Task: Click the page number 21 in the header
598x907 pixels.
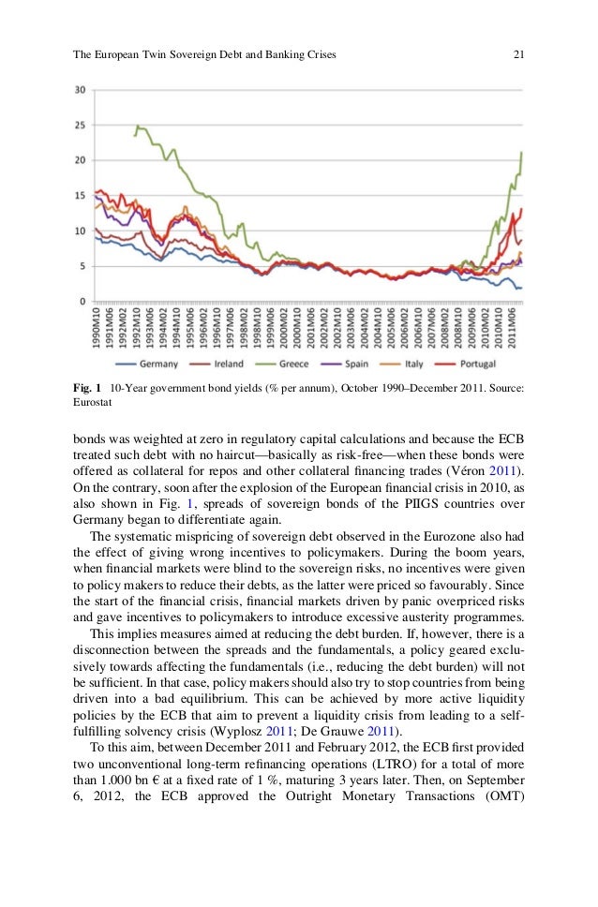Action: pos(517,55)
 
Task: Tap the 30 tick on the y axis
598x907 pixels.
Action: pos(81,90)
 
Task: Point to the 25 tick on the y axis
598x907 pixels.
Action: pos(81,125)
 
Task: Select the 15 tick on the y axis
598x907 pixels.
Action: pos(81,195)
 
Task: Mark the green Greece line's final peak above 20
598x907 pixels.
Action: pos(521,152)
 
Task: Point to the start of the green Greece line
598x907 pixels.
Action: pos(135,136)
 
